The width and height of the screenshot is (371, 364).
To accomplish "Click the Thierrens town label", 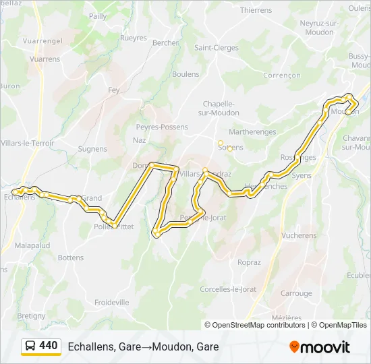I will [x=256, y=10].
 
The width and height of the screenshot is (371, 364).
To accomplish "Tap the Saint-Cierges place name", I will [x=216, y=48].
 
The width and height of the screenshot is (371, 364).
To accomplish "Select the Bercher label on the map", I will [x=165, y=42].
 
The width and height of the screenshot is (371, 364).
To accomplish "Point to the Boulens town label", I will [x=185, y=74].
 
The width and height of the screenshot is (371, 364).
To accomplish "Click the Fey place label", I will [x=114, y=90].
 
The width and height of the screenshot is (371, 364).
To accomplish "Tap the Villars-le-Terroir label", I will [x=28, y=143].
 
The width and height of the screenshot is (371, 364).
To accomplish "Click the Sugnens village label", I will [x=92, y=149].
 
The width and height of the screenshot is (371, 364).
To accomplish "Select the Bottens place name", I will [x=71, y=257].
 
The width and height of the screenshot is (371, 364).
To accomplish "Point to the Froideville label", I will [x=111, y=303].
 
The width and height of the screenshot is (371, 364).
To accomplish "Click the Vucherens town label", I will [x=299, y=236].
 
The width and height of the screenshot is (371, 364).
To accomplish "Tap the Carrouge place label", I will [x=296, y=293].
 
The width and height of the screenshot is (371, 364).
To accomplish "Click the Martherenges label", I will [x=253, y=132].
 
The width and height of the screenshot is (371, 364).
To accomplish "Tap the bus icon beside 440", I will [x=30, y=346].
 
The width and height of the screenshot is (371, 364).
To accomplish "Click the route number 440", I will [x=49, y=346].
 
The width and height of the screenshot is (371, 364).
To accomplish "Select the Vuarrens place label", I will [x=45, y=59].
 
